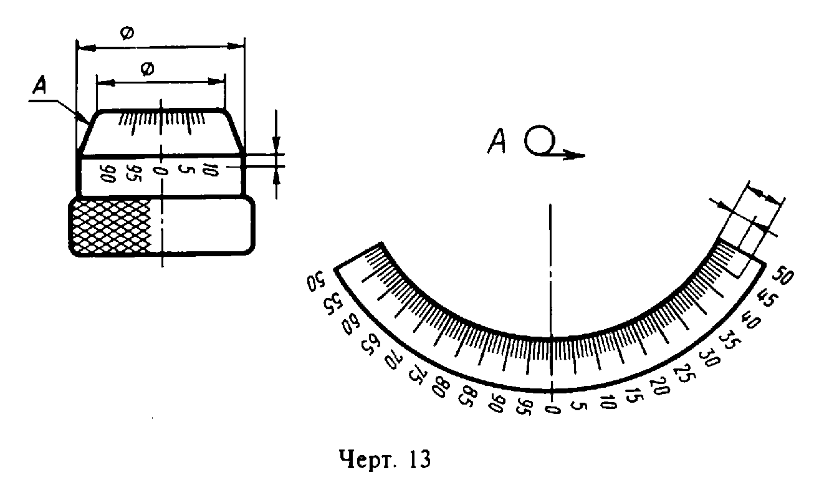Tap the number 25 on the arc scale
(x=683, y=373)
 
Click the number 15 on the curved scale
(x=633, y=395)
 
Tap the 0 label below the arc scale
(x=552, y=409)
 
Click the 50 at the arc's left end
(x=315, y=281)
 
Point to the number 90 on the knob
(x=107, y=174)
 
